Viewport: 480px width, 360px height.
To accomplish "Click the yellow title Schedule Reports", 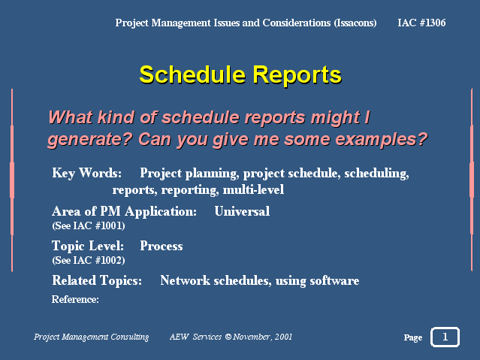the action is point(240,75).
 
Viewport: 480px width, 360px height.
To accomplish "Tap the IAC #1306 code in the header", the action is point(421,23).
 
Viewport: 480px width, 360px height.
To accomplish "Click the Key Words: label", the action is point(86,174).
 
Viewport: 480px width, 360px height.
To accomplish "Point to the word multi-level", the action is point(253,189).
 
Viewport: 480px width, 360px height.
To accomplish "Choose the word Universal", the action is point(242,211).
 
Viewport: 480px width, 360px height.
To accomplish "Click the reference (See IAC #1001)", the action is point(89,225).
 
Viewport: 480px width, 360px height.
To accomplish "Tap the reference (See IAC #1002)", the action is point(89,261).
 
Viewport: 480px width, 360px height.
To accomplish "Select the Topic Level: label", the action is point(88,246).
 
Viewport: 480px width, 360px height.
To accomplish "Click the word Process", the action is point(162,246).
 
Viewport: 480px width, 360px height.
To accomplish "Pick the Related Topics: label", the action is point(97,280).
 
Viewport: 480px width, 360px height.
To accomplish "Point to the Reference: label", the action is point(75,299).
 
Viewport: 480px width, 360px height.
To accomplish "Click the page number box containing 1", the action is point(445,337).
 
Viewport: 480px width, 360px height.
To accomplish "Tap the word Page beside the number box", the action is point(413,337).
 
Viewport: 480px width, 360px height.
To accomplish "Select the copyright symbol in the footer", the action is point(228,337).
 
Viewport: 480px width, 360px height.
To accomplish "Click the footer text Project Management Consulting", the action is point(91,337).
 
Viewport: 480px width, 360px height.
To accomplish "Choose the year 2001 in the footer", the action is point(283,337).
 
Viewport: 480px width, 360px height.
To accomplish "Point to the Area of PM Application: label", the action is point(124,212).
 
